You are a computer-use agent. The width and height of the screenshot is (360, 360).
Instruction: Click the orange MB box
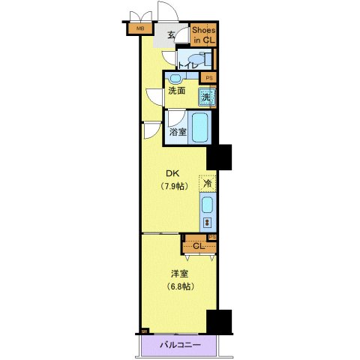[138, 29]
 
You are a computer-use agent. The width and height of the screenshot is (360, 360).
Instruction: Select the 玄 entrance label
[171, 35]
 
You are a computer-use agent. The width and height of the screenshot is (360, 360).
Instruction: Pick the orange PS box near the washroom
[208, 77]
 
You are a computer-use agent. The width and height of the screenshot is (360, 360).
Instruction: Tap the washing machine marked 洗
[206, 96]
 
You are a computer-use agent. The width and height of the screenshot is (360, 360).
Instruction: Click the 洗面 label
[177, 91]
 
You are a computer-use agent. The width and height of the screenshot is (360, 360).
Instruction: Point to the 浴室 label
[178, 131]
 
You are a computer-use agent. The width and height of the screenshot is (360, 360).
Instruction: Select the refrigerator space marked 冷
[206, 182]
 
